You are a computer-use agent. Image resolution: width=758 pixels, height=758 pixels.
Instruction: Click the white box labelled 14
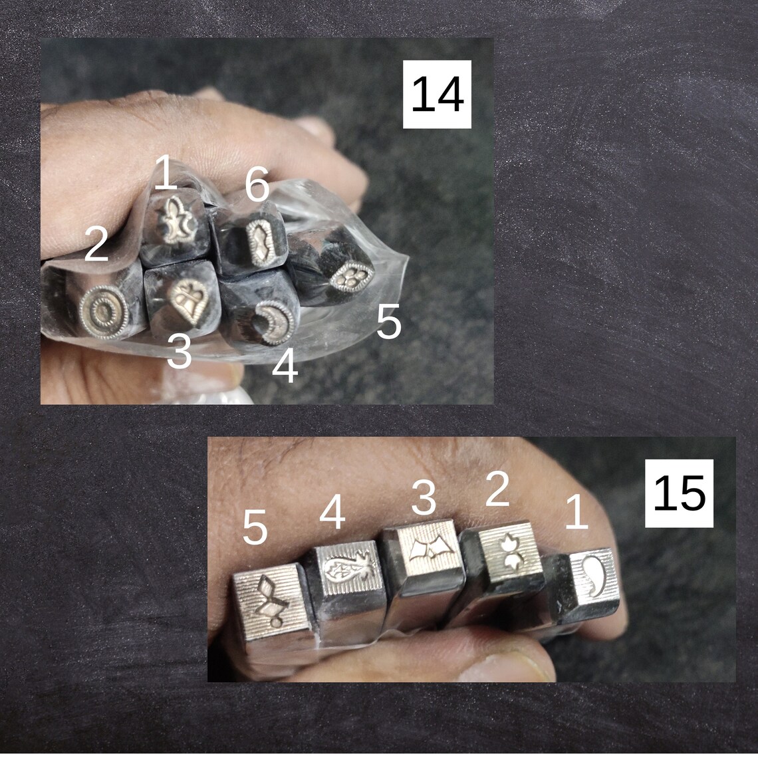pos(437,94)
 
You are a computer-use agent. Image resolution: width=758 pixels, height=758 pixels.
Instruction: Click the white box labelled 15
pos(679,493)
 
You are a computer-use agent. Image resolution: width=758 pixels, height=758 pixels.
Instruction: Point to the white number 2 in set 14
pos(96,244)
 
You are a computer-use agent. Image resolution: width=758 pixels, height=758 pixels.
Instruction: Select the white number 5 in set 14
pos(389,323)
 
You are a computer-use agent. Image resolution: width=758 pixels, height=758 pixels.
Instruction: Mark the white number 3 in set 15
pos(423,498)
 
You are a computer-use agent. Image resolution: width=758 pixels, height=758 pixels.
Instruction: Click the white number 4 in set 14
pos(285,368)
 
